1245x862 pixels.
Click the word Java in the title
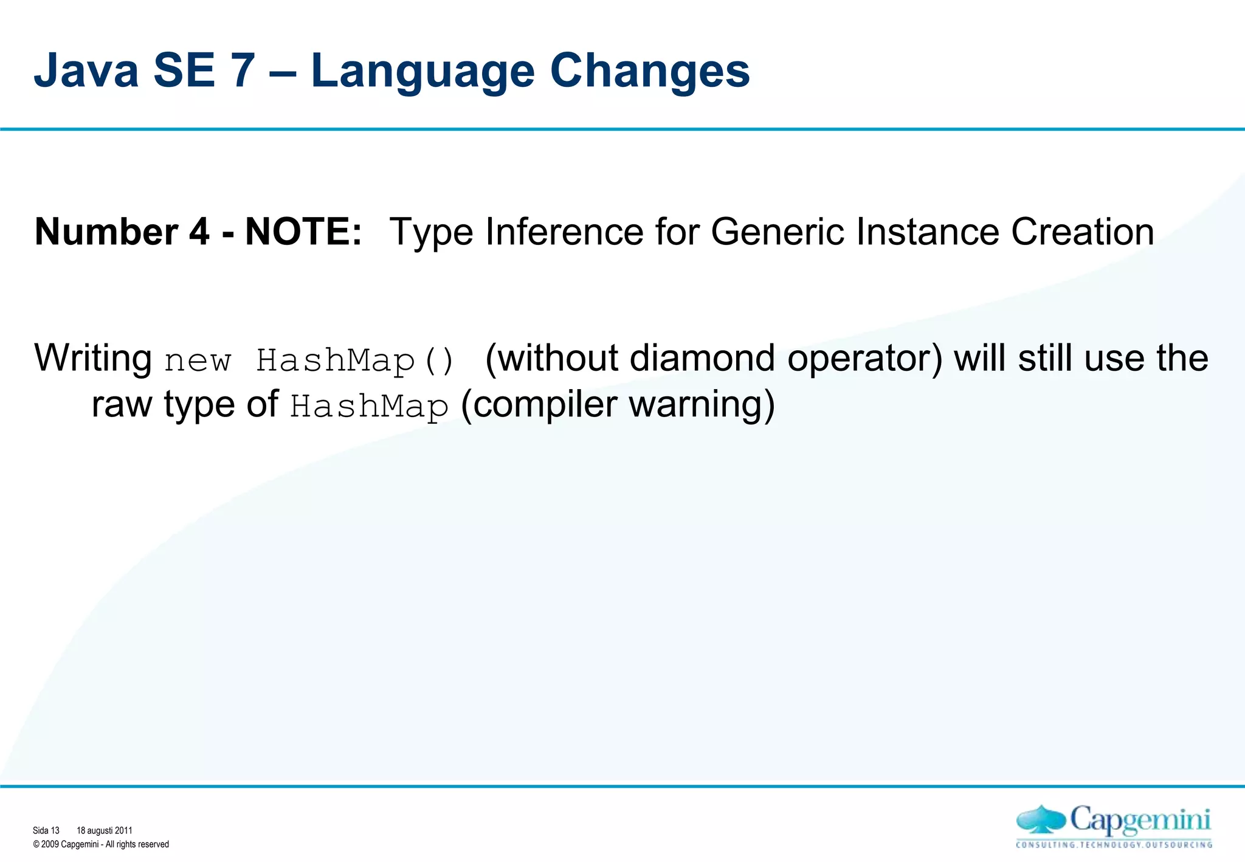coord(86,71)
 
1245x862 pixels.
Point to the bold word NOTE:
coord(303,232)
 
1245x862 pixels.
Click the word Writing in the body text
coord(93,358)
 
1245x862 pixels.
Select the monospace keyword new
coord(198,361)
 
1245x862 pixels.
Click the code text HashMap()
coord(354,360)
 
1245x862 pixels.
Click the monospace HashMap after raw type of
coord(369,406)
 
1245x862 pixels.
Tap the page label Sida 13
coord(46,830)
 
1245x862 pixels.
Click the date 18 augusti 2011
coord(105,830)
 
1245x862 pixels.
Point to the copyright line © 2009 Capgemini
coord(101,844)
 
